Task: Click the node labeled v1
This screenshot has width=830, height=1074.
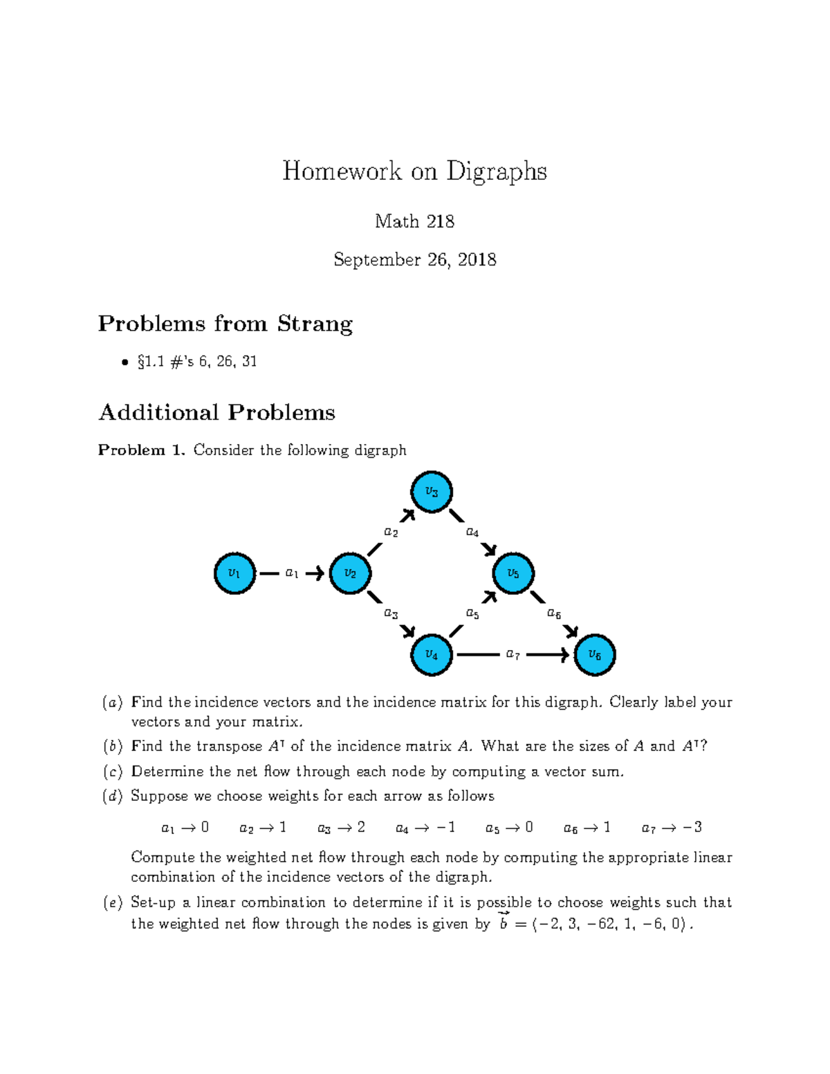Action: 234,573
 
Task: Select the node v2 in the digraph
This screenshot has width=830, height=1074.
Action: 350,573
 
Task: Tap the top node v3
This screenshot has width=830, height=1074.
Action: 432,492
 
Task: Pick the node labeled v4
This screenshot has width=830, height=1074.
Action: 432,655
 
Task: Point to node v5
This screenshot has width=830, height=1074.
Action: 513,573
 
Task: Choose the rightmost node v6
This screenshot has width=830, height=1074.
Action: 595,655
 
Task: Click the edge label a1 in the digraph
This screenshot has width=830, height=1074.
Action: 292,573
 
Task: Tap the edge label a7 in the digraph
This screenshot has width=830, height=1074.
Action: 513,654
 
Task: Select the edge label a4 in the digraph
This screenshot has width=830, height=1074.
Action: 472,533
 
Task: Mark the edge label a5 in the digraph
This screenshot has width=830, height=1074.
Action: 472,613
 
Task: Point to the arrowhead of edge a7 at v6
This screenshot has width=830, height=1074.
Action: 564,655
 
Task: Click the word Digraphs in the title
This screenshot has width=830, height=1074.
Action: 496,171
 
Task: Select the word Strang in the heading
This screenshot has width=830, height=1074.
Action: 315,324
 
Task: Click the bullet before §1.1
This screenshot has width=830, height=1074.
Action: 124,362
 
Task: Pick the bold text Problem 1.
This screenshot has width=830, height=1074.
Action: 141,450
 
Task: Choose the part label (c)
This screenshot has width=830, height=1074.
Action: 113,772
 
